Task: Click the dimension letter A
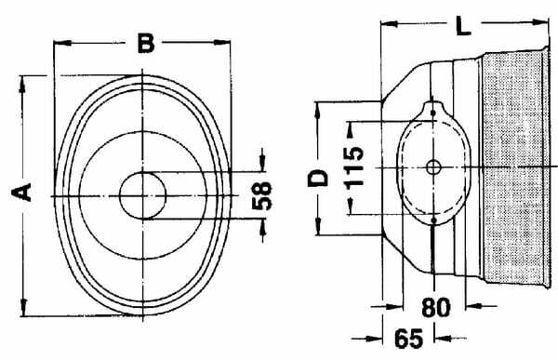click(21, 193)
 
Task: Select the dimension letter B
click(146, 43)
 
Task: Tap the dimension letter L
click(463, 26)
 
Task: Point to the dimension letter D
click(318, 178)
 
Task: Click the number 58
click(261, 195)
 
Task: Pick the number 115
click(354, 167)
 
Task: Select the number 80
click(436, 308)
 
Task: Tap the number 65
click(409, 338)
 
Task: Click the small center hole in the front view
click(142, 195)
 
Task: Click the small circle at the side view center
click(433, 167)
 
